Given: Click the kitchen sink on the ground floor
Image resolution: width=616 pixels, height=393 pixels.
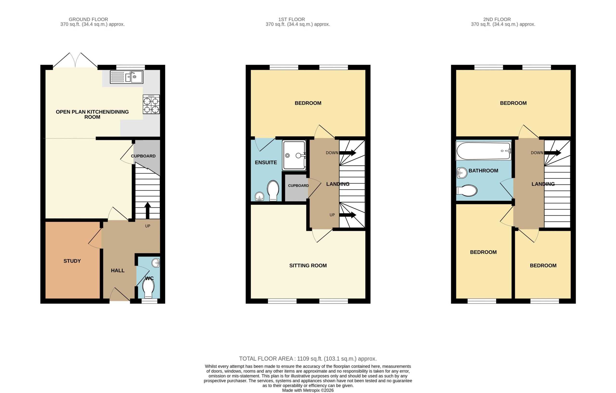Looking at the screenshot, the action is point(127,77).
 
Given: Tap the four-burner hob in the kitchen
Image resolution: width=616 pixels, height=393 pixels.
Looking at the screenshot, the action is point(151,104).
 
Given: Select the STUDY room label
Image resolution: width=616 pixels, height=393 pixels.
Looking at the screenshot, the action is point(72,261).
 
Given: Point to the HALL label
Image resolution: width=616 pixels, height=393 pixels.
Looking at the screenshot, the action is point(118,270).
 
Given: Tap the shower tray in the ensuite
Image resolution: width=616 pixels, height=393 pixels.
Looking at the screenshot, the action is point(294,155).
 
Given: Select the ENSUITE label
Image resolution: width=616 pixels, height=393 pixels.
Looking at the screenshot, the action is point(266,162).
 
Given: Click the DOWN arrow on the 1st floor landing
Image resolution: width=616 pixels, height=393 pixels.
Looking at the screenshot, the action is point(348,153).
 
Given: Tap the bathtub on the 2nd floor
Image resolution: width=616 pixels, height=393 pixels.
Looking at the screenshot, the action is point(484,151).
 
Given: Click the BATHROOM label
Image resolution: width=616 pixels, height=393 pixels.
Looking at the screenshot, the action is point(483,171).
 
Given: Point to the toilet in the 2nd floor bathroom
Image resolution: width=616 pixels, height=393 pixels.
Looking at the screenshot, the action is point(467,190).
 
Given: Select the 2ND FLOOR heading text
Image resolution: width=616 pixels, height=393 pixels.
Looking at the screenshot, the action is point(497,19).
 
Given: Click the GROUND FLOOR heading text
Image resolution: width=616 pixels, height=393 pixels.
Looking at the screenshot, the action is point(88,19).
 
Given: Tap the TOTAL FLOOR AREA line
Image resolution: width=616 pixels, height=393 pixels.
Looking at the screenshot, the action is point(308,359).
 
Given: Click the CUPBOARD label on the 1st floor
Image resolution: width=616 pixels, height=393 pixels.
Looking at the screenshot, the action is point(298,186).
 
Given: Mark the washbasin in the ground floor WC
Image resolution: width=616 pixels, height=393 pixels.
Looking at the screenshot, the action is point(156,263).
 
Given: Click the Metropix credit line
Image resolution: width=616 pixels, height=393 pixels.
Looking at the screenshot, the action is point(308,390).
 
